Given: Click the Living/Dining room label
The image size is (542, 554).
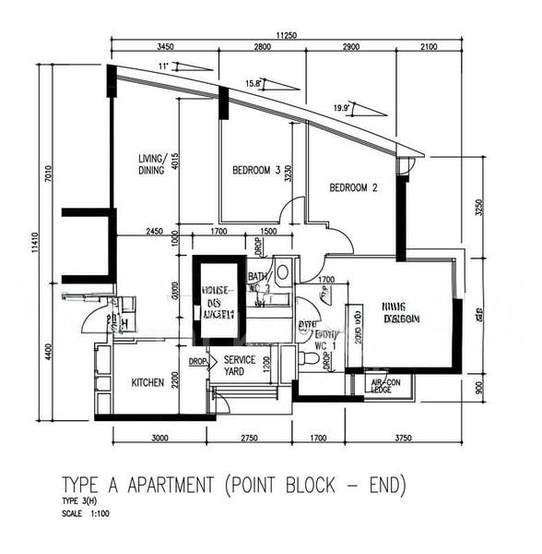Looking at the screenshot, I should [x=150, y=163].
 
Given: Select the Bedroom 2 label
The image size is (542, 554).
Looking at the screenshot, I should [x=354, y=187].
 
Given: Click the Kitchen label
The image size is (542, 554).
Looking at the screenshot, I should [x=147, y=382].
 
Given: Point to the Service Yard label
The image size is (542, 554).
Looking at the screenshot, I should [x=240, y=366].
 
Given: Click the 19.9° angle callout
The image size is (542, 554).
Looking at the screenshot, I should [x=343, y=108].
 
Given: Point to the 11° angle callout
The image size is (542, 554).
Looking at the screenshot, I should [x=164, y=66].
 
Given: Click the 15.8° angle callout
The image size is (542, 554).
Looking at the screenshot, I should [x=255, y=83].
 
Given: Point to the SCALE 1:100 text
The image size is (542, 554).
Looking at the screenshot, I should [x=87, y=512].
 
